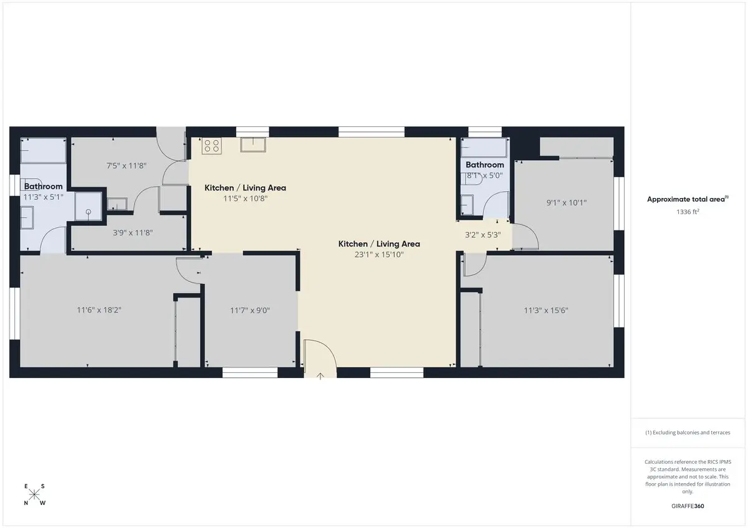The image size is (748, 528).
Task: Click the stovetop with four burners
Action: click(211, 146)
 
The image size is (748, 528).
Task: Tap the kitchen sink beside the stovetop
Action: click(253, 144)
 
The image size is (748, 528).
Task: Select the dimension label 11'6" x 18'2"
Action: click(99, 310)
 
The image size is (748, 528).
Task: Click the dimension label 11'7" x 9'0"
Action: click(250, 310)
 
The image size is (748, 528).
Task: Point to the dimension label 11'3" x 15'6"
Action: click(546, 310)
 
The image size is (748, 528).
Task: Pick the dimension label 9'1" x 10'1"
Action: click(567, 202)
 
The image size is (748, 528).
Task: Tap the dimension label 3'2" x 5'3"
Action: click(483, 235)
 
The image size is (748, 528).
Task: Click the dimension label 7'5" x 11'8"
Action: click(126, 166)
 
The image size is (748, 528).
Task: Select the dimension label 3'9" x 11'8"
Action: click(133, 232)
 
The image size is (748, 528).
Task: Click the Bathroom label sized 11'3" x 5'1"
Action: click(43, 186)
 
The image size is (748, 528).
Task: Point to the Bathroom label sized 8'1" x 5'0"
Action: click(485, 164)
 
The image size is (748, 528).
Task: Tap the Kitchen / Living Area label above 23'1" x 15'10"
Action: click(379, 244)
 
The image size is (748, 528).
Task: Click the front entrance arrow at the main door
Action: click(320, 376)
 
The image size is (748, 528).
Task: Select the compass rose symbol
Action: click(34, 494)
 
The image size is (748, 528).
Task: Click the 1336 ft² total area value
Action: click(688, 212)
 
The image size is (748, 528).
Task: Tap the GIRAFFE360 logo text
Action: click(688, 506)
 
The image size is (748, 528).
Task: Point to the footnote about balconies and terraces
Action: click(688, 432)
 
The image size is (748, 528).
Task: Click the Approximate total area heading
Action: click(688, 199)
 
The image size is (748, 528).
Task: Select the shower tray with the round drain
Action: click(88, 206)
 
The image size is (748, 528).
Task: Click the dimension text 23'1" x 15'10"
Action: click(379, 255)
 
